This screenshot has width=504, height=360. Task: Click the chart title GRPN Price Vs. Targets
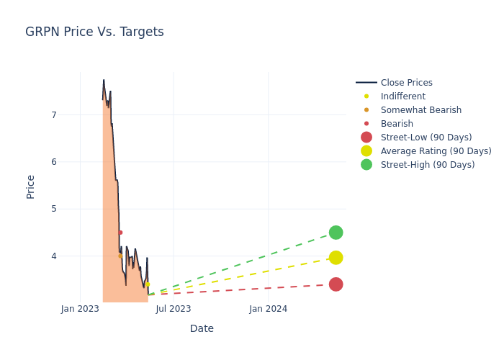94,32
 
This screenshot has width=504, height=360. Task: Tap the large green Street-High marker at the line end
336,233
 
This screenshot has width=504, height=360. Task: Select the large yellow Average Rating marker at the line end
336,258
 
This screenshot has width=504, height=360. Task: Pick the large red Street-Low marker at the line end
336,284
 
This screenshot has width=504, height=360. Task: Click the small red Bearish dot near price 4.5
120,233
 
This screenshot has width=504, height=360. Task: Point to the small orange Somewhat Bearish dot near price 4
120,256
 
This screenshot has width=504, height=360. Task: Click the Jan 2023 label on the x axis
80,309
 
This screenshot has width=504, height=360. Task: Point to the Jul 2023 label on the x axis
174,309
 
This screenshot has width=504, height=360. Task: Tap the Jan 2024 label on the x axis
269,309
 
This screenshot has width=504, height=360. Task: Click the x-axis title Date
202,328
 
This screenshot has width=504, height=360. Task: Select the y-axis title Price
31,186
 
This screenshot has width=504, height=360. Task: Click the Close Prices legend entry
406,83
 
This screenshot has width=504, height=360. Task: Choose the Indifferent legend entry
402,96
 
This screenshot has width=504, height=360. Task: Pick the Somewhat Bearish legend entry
420,110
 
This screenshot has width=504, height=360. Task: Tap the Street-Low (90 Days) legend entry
426,138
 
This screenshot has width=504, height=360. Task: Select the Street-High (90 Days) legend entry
428,165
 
